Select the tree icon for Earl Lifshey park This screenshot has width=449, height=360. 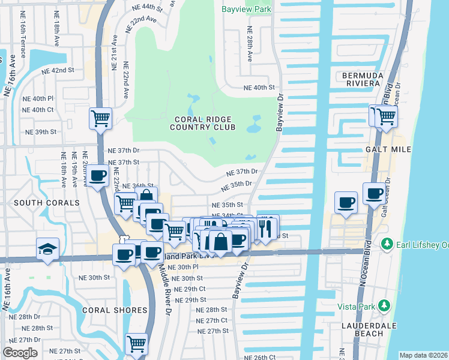[387, 244]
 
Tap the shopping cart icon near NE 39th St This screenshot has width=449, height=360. [100, 117]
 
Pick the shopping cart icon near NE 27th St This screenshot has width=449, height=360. [136, 343]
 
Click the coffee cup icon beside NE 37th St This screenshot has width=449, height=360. [98, 175]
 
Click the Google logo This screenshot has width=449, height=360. [20, 353]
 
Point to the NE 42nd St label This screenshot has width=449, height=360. [57, 70]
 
